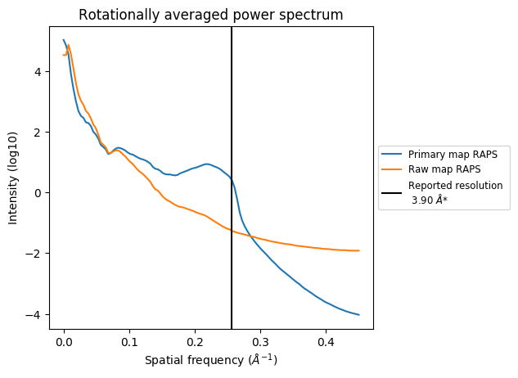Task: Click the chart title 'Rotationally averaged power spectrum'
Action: pyautogui.click(x=211, y=15)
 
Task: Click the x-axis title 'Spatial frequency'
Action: pyautogui.click(x=211, y=360)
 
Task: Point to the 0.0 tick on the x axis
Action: pyautogui.click(x=64, y=341)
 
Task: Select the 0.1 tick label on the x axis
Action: pyautogui.click(x=129, y=341)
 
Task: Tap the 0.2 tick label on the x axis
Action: pyautogui.click(x=195, y=341)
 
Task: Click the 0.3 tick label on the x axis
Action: pyautogui.click(x=260, y=341)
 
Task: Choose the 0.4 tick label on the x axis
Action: pyautogui.click(x=326, y=341)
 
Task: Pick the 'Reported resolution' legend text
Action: pyautogui.click(x=455, y=186)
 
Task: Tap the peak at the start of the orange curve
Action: pyautogui.click(x=69, y=46)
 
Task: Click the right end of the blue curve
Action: pyautogui.click(x=359, y=314)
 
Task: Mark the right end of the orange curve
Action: pyautogui.click(x=359, y=250)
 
